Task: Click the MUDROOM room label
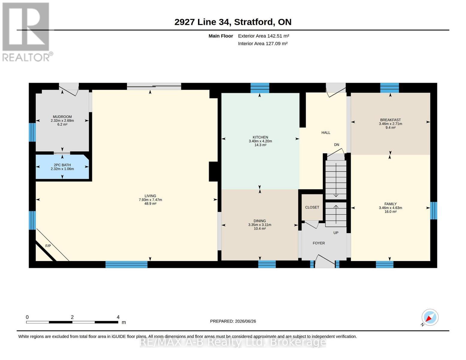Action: (x=62, y=117)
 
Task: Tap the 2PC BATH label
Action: (x=62, y=165)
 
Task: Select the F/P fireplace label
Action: (x=48, y=246)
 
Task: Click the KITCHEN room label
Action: (x=260, y=137)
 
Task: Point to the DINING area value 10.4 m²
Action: (x=260, y=229)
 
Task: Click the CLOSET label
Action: (x=312, y=207)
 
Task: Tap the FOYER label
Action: (x=319, y=243)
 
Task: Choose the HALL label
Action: (x=326, y=133)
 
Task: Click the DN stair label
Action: (x=336, y=145)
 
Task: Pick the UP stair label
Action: (x=336, y=232)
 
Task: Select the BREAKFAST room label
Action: (x=390, y=120)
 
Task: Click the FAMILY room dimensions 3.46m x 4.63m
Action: (x=390, y=208)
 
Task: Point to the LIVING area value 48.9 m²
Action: (x=150, y=203)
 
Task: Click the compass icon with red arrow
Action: (x=430, y=317)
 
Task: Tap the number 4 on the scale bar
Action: (x=118, y=317)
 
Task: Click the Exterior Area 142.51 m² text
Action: (x=263, y=36)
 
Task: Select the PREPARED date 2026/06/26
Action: (x=245, y=321)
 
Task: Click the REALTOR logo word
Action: (x=26, y=58)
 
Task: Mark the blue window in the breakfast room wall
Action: (x=389, y=88)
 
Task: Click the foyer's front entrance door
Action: (x=325, y=262)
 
